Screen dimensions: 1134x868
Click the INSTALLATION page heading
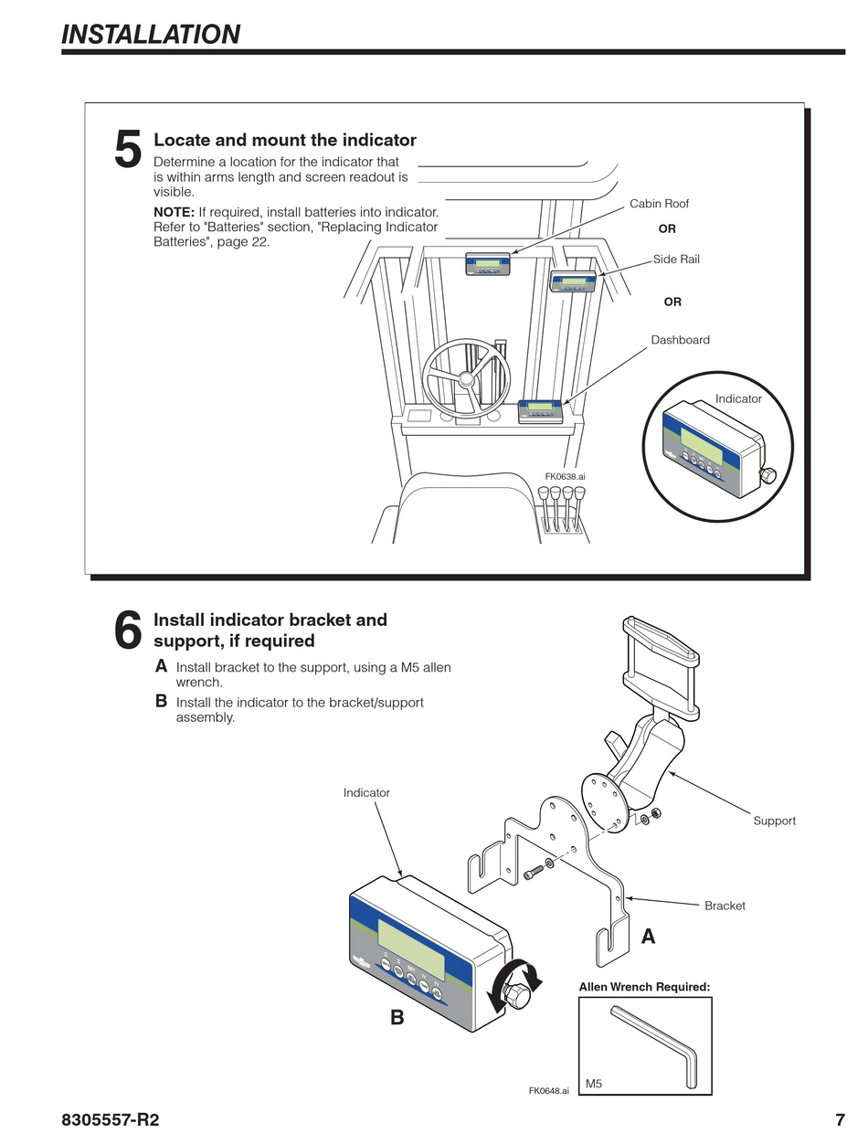pos(151,34)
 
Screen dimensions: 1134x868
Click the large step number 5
pos(128,150)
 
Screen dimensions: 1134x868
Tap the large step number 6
pos(128,631)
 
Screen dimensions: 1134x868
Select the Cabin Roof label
pos(659,204)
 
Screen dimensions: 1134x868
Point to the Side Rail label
pos(676,260)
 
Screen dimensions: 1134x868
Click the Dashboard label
pos(680,340)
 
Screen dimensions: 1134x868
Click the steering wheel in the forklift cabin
pos(465,377)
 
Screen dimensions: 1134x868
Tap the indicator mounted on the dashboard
pos(541,411)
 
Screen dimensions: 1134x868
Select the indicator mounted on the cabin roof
pos(488,264)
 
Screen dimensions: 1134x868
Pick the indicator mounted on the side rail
pos(573,281)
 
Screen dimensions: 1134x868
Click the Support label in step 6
pos(774,821)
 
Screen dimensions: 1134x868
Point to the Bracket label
pos(725,906)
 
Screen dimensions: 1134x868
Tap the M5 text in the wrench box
pos(594,1084)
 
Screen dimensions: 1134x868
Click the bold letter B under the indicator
pos(397,1017)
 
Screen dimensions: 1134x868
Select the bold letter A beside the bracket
pos(649,937)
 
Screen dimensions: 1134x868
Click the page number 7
pos(840,1120)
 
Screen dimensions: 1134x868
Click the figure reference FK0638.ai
pos(565,476)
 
